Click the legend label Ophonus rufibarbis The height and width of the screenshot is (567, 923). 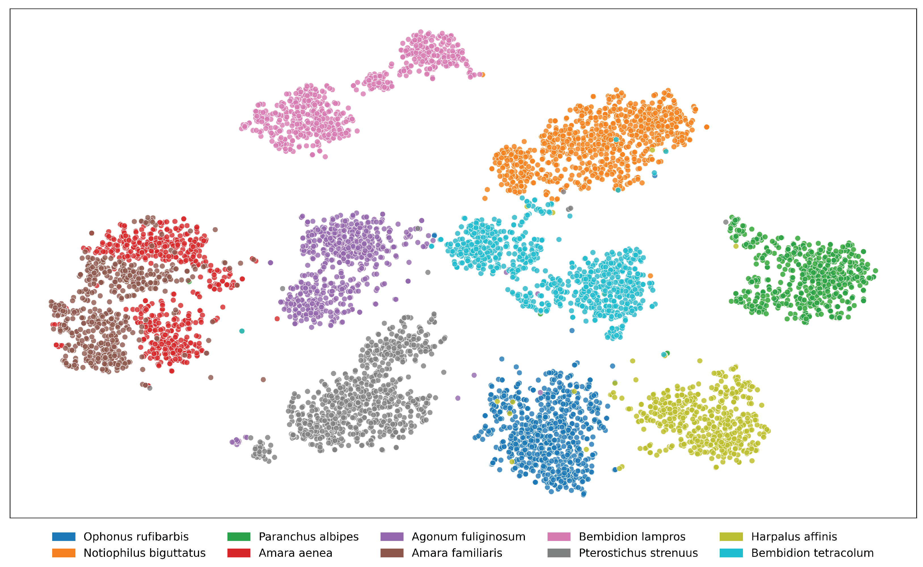(x=136, y=537)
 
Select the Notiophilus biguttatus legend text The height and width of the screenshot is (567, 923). (x=144, y=553)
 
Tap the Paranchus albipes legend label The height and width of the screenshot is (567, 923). (x=309, y=537)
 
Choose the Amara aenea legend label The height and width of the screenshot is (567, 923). (x=295, y=553)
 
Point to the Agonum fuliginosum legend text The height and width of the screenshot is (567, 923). (x=468, y=537)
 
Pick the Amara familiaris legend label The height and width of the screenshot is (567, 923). (x=457, y=553)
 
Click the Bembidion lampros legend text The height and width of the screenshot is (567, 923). (x=632, y=537)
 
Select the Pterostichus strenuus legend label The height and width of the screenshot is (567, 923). (x=638, y=553)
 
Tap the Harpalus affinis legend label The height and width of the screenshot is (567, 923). (x=794, y=537)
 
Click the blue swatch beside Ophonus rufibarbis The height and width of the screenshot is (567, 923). (x=64, y=537)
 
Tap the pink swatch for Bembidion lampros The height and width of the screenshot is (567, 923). (x=559, y=537)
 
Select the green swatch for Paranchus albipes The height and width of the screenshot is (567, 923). (x=239, y=537)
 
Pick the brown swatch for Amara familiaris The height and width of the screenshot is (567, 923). (x=392, y=553)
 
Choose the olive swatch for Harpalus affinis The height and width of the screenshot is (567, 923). (x=731, y=537)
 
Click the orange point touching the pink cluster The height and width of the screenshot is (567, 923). (x=483, y=75)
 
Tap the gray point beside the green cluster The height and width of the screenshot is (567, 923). (x=726, y=222)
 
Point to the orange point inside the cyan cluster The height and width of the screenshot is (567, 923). (x=650, y=276)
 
